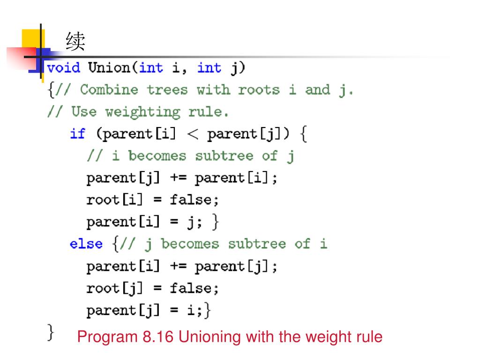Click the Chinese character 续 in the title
click(75, 42)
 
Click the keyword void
click(64, 68)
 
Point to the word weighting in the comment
click(142, 112)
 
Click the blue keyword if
click(77, 134)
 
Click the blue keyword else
click(86, 244)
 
